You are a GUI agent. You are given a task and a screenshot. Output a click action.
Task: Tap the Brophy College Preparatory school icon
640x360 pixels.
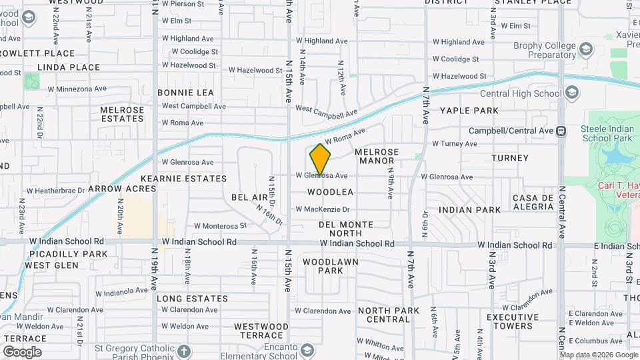585,50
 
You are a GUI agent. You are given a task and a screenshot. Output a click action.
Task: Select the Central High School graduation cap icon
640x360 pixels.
571,93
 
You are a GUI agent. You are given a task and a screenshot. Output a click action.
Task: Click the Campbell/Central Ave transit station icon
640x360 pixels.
561,131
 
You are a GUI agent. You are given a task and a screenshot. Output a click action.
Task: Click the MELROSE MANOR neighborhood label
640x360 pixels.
379,156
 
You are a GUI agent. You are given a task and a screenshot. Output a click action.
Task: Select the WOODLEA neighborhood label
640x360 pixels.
330,192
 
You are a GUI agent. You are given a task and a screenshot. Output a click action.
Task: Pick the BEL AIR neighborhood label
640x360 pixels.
249,198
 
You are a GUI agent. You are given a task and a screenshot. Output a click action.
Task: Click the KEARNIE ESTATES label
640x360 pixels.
184,179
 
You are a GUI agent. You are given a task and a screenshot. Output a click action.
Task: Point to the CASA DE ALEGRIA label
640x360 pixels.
533,203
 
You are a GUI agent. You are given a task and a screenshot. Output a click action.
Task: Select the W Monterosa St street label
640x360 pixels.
220,226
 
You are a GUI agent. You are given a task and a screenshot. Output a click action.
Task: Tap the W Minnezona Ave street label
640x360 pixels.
77,88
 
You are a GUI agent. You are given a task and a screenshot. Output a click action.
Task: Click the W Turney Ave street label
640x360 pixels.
455,143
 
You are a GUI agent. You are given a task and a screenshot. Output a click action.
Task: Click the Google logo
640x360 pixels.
22,351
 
